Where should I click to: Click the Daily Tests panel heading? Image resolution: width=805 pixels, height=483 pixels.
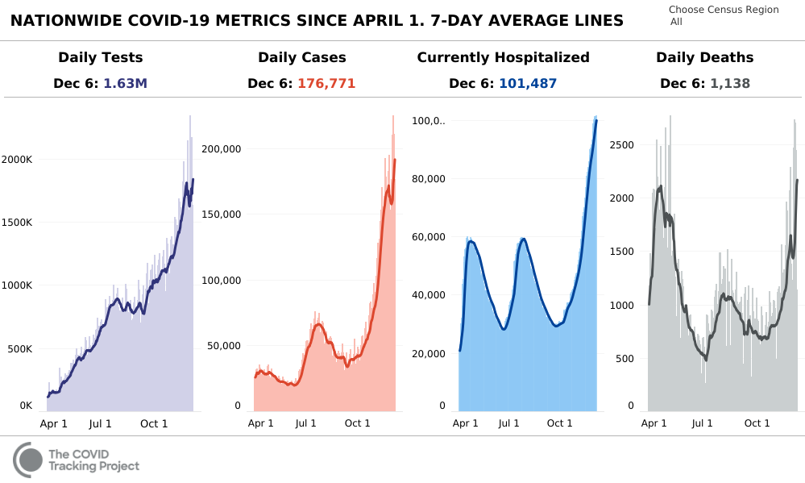[x=101, y=57]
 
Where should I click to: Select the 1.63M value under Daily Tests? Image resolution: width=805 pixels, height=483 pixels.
[x=126, y=83]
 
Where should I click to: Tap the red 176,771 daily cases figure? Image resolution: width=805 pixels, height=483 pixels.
[x=326, y=83]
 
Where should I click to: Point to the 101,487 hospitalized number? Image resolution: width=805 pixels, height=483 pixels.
[x=528, y=83]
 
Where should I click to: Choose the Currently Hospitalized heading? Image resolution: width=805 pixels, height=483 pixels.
[x=503, y=57]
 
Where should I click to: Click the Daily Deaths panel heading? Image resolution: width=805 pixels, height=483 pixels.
[x=704, y=57]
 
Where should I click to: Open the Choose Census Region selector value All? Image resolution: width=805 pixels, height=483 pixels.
[x=676, y=22]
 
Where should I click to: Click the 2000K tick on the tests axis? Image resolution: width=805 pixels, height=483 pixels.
[x=16, y=160]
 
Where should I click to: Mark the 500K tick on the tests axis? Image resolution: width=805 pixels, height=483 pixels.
[x=19, y=349]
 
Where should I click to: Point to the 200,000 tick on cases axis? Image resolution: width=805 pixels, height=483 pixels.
[x=222, y=149]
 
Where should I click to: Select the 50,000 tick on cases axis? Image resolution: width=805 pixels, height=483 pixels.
[x=225, y=346]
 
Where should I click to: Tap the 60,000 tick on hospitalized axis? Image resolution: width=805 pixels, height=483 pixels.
[x=429, y=236]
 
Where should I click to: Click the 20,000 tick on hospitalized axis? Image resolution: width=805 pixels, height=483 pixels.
[x=429, y=353]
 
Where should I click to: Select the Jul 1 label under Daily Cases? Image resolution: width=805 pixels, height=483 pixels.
[x=305, y=423]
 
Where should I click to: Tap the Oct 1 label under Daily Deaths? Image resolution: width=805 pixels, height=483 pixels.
[x=757, y=423]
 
